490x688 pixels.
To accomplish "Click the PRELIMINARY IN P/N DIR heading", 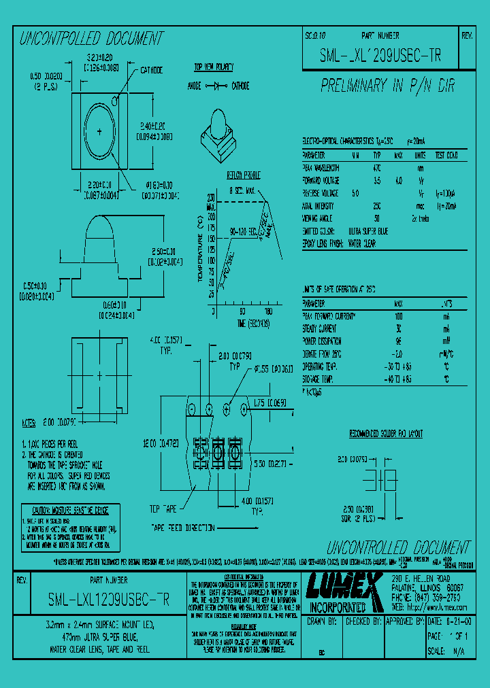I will pos(388,86).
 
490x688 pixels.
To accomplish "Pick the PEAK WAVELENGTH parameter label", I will pos(322,167).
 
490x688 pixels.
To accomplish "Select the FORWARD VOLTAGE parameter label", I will pos(322,180).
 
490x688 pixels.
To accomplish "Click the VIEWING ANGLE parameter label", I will pos(318,218).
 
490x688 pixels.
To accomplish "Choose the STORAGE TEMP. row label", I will pos(319,379).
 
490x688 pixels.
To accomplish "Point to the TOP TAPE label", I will pos(163,508).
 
